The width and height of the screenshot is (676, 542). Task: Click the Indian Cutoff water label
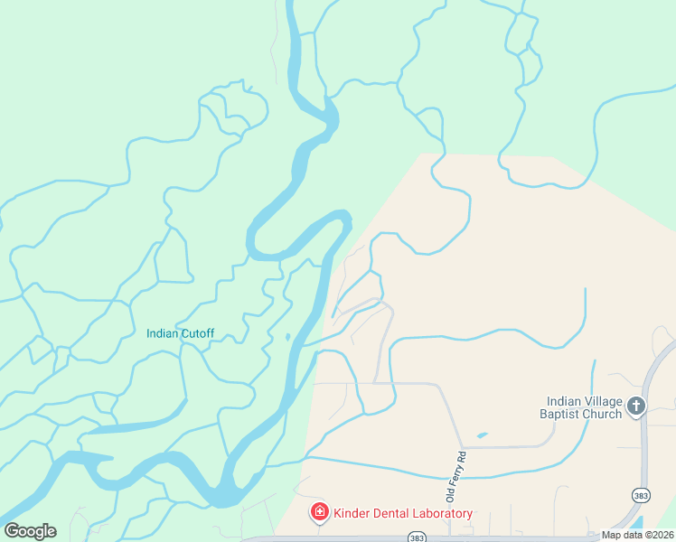tap(180, 333)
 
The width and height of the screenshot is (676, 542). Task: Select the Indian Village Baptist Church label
tap(584, 407)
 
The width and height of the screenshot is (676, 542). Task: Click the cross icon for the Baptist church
tap(636, 406)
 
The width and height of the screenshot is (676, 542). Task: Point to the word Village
tap(603, 401)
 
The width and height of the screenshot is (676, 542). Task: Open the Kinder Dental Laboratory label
tap(403, 513)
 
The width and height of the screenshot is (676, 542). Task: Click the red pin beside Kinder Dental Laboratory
tap(319, 512)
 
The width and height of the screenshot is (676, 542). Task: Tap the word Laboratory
tap(441, 513)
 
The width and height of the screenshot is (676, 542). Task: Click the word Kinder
tap(351, 513)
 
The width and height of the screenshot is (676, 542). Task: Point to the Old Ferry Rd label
tap(454, 477)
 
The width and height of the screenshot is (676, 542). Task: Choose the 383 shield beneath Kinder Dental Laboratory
tap(416, 537)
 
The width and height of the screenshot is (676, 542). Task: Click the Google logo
tap(30, 531)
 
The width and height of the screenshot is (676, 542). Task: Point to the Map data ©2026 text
tap(637, 535)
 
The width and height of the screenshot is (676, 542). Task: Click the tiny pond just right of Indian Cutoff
tap(286, 337)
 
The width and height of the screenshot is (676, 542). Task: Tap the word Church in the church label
tap(603, 414)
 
